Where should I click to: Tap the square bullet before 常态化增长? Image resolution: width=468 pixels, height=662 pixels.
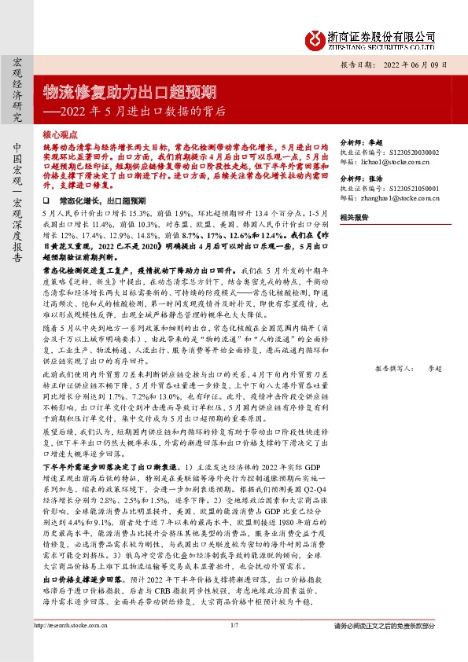[x=46, y=202]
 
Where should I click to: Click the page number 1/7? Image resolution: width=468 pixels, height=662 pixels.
[x=234, y=647]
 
